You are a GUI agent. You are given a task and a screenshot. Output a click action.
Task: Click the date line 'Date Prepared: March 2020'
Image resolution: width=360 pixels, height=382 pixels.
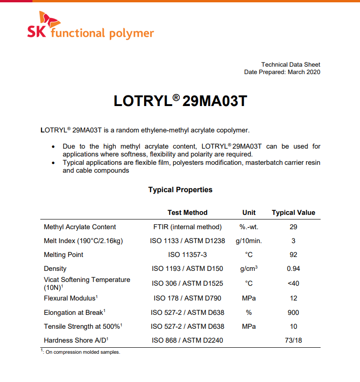[282, 72]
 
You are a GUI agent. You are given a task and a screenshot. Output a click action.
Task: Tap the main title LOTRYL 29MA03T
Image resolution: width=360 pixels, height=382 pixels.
[180, 101]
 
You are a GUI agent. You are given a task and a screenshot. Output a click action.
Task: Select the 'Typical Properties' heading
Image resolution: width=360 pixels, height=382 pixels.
[180, 190]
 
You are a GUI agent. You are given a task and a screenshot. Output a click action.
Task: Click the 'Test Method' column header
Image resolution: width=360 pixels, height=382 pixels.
[187, 213]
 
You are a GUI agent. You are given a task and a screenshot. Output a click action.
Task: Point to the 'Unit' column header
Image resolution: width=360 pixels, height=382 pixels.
[249, 213]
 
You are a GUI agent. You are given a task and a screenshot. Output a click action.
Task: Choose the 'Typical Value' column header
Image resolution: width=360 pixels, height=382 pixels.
[293, 213]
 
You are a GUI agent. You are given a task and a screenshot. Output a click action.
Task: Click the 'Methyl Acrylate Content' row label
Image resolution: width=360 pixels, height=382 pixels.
[80, 227]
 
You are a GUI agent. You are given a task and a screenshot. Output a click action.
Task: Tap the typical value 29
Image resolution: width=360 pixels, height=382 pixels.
[293, 227]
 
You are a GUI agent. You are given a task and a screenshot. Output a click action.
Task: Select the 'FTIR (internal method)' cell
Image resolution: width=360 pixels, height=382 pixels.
[187, 227]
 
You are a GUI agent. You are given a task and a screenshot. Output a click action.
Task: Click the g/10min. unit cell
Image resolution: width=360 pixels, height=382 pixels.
[249, 241]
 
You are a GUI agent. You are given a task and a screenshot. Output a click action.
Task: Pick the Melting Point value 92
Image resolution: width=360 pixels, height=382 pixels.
[293, 255]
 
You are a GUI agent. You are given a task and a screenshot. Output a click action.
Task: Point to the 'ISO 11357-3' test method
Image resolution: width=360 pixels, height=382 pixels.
[187, 255]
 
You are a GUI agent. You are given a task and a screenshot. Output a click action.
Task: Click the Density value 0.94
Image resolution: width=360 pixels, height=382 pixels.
[293, 269]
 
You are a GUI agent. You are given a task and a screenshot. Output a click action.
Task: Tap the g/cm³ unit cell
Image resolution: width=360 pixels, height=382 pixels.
[249, 269]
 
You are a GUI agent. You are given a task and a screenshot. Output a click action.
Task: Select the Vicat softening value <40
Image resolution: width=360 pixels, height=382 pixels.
[293, 283]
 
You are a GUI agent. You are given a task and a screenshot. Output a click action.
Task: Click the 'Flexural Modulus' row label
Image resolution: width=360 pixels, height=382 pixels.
[70, 298]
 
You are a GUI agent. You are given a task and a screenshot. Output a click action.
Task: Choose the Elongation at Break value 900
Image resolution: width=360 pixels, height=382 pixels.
[293, 313]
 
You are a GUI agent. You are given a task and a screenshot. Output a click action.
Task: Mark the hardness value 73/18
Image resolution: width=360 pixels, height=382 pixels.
[293, 340]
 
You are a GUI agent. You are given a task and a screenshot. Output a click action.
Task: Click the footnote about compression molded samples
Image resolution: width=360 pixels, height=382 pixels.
[81, 352]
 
